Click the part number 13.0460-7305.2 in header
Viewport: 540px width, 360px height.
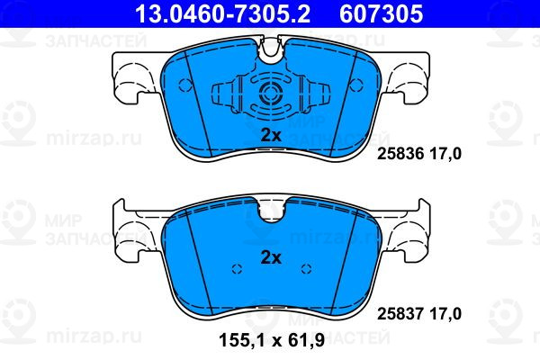coord(223,13)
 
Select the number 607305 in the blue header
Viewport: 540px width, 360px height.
coord(382,13)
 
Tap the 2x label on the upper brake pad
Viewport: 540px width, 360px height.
coord(271,135)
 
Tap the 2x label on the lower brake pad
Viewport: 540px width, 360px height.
coord(271,257)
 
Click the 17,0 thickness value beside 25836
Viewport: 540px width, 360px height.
coord(445,154)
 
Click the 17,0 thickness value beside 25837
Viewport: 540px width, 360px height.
coord(445,313)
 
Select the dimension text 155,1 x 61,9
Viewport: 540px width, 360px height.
coord(272,341)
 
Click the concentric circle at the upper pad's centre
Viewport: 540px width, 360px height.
coord(271,94)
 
